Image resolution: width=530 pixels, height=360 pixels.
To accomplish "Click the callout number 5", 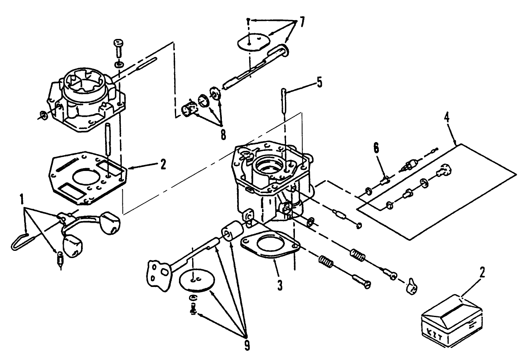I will (319, 83).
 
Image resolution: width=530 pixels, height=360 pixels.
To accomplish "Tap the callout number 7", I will (302, 23).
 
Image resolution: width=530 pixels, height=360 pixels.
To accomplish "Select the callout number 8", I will (223, 134).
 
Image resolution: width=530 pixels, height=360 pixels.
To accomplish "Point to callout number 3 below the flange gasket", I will (280, 286).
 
